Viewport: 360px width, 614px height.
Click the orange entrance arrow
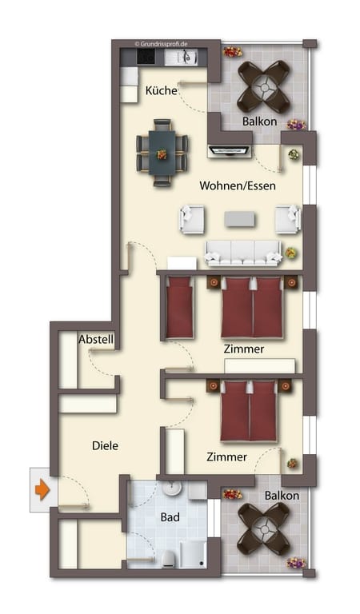tap(42, 490)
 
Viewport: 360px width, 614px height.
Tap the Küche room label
tap(161, 90)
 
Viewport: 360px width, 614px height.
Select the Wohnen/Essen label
tap(238, 185)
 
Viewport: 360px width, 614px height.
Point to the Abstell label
tap(96, 339)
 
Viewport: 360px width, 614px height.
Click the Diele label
tap(105, 445)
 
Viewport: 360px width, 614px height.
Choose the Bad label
tap(170, 517)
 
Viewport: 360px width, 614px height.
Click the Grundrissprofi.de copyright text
tap(161, 44)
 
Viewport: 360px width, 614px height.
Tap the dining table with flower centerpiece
tap(162, 153)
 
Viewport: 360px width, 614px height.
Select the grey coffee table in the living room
tap(239, 219)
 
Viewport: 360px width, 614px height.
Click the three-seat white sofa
tap(243, 253)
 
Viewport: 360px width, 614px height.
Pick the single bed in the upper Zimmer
tap(179, 307)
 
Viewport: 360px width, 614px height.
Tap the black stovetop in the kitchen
tap(146, 58)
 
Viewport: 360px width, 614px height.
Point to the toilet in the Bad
tap(169, 558)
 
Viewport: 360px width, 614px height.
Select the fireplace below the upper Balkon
tap(229, 151)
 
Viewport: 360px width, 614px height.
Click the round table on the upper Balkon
tap(264, 87)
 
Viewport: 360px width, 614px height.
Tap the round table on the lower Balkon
tap(264, 529)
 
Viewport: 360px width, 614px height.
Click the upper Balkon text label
tap(259, 122)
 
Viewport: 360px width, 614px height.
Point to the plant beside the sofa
tap(290, 253)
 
